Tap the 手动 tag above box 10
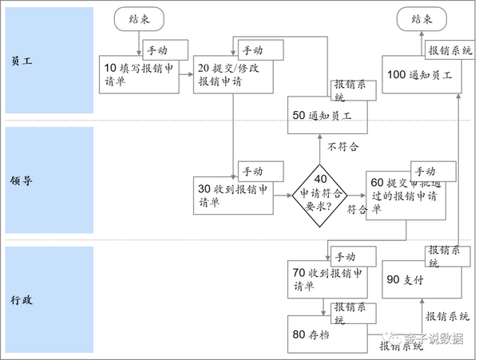[164, 49]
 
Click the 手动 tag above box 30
[259, 171]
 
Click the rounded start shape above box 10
[140, 19]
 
